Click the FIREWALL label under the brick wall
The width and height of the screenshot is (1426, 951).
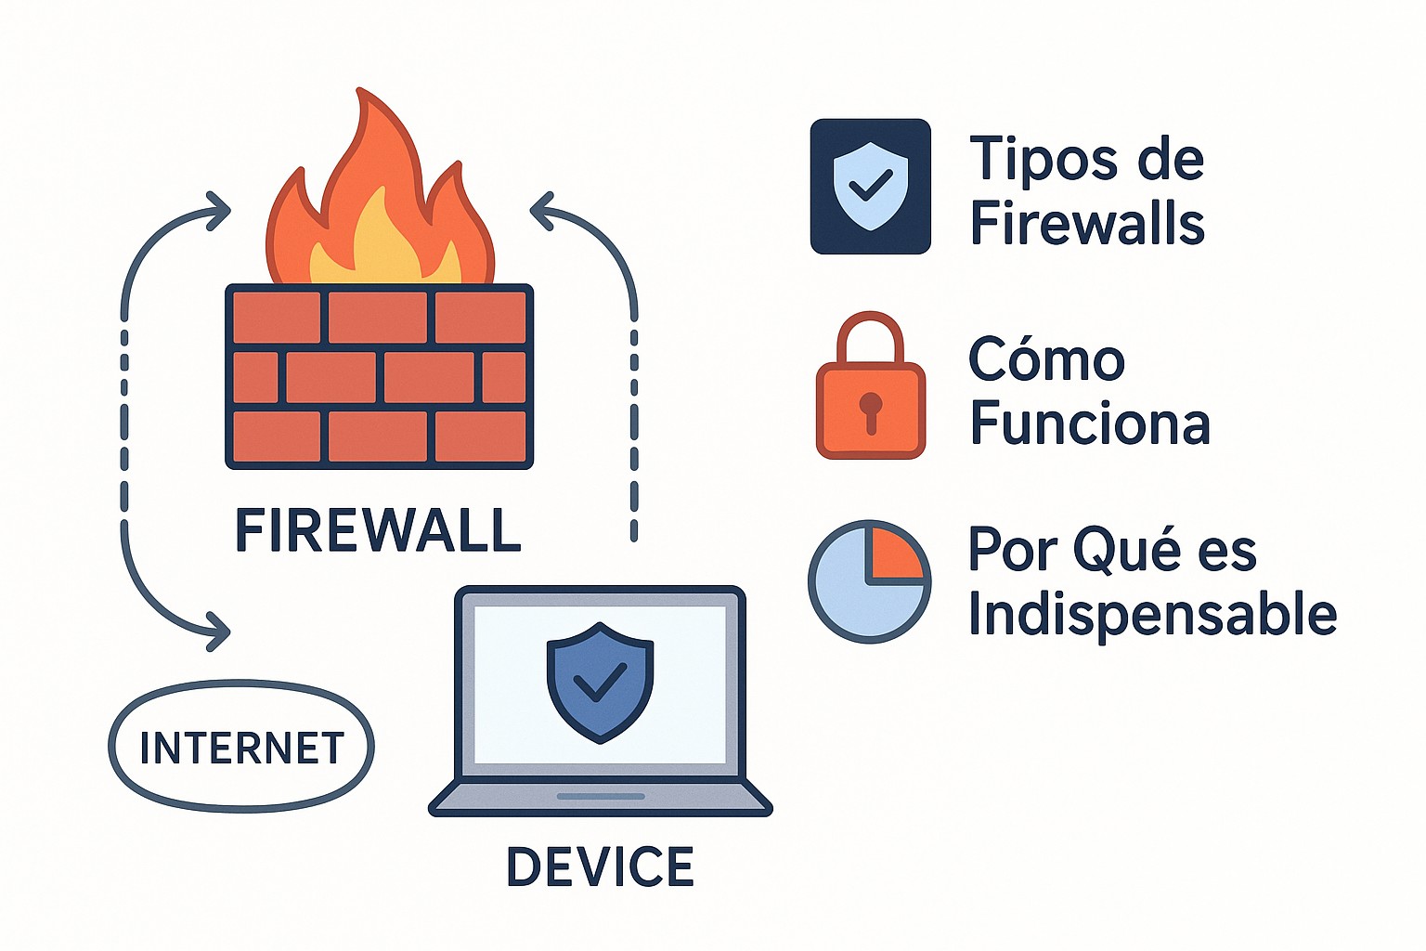[x=377, y=530]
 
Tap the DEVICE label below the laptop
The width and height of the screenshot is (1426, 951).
[x=600, y=866]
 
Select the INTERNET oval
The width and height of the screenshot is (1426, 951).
[x=241, y=747]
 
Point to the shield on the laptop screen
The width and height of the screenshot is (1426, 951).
[x=600, y=682]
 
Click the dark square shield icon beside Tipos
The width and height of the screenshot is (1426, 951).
[x=870, y=186]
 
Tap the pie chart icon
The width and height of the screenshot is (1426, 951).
[x=869, y=581]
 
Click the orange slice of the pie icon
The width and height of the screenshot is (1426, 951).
[x=893, y=554]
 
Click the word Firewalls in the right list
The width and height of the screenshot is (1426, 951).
[x=1087, y=224]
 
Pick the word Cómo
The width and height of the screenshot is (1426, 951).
[x=1046, y=359]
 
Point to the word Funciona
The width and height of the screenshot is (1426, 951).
[x=1090, y=423]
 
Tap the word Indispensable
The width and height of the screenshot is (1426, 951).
[x=1152, y=614]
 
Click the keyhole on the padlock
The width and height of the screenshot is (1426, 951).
[x=870, y=410]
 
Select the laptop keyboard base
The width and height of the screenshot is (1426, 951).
[x=600, y=799]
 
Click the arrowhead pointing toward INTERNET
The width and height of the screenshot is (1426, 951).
[x=219, y=631]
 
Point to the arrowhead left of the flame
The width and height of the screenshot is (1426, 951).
[x=219, y=210]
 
